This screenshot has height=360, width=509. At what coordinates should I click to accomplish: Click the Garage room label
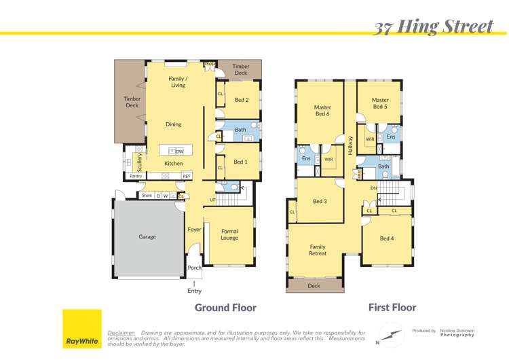point(147,237)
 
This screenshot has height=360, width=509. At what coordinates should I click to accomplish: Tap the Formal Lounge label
point(229,234)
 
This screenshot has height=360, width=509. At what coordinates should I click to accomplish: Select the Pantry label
point(136,176)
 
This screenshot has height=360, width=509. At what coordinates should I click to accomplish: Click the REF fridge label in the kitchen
point(187,176)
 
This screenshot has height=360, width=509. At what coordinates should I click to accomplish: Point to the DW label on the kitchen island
point(180,151)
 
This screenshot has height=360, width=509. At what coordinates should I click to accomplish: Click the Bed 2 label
point(242,100)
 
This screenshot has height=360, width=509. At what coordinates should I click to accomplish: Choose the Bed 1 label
point(240,162)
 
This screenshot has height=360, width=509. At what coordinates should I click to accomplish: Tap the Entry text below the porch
point(194,291)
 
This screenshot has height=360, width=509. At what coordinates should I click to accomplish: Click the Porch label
point(194,268)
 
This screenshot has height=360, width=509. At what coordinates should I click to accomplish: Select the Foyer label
point(194,230)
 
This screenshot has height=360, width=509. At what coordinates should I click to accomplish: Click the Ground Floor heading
point(225,308)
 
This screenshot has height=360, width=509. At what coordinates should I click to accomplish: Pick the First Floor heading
point(392,308)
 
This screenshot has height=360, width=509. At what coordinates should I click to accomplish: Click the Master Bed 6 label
point(322,110)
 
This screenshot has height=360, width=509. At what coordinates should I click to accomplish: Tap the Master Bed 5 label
point(380,103)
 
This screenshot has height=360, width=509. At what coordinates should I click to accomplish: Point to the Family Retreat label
point(318,250)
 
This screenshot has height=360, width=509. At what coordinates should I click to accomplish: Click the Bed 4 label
point(387,238)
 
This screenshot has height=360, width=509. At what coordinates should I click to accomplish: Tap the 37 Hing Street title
point(434,26)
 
